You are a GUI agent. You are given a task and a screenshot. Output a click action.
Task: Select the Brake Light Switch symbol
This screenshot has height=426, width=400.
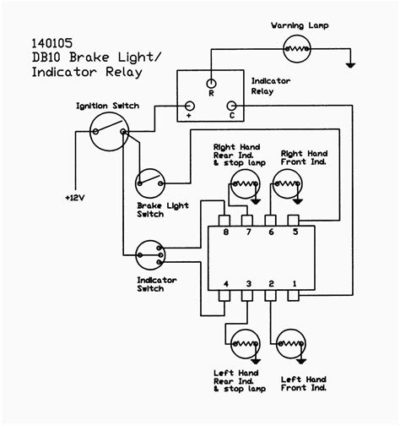click(149, 181)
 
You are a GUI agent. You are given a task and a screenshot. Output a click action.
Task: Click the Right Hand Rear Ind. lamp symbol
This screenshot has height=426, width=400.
click(244, 185)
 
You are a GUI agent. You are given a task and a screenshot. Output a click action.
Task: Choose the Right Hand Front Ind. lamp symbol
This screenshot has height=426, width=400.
click(287, 185)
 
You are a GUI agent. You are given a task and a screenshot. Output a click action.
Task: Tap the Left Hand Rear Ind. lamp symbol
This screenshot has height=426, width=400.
click(244, 345)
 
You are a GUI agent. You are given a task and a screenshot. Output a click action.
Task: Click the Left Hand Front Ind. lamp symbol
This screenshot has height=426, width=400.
click(287, 345)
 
